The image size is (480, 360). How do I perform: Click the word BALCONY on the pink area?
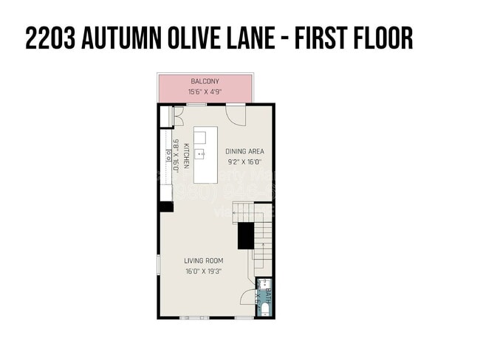pyautogui.click(x=205, y=81)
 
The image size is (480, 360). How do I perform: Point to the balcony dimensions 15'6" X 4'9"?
pyautogui.click(x=205, y=91)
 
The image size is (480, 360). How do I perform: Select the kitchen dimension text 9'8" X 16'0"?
pyautogui.click(x=176, y=155)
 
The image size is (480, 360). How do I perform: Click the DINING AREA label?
pyautogui.click(x=244, y=151)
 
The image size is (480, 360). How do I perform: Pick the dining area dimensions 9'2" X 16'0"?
pyautogui.click(x=244, y=162)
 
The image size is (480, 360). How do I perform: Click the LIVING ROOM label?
pyautogui.click(x=204, y=260)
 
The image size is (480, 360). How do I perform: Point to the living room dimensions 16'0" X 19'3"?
pyautogui.click(x=204, y=271)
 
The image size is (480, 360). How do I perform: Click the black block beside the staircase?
pyautogui.click(x=245, y=235)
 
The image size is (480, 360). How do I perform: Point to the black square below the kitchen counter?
pyautogui.click(x=166, y=207)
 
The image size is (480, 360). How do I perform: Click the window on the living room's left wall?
pyautogui.click(x=158, y=263)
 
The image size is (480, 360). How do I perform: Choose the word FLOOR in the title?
pyautogui.click(x=376, y=38)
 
